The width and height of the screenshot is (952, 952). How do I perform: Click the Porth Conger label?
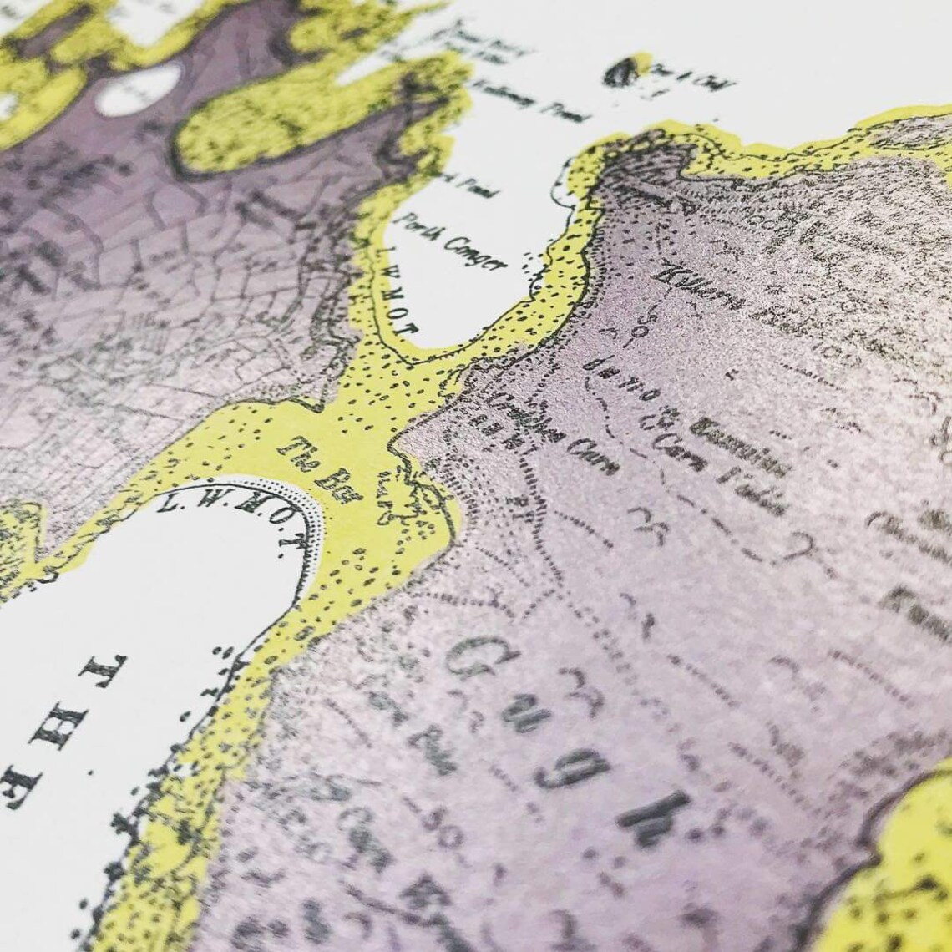(453, 242)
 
